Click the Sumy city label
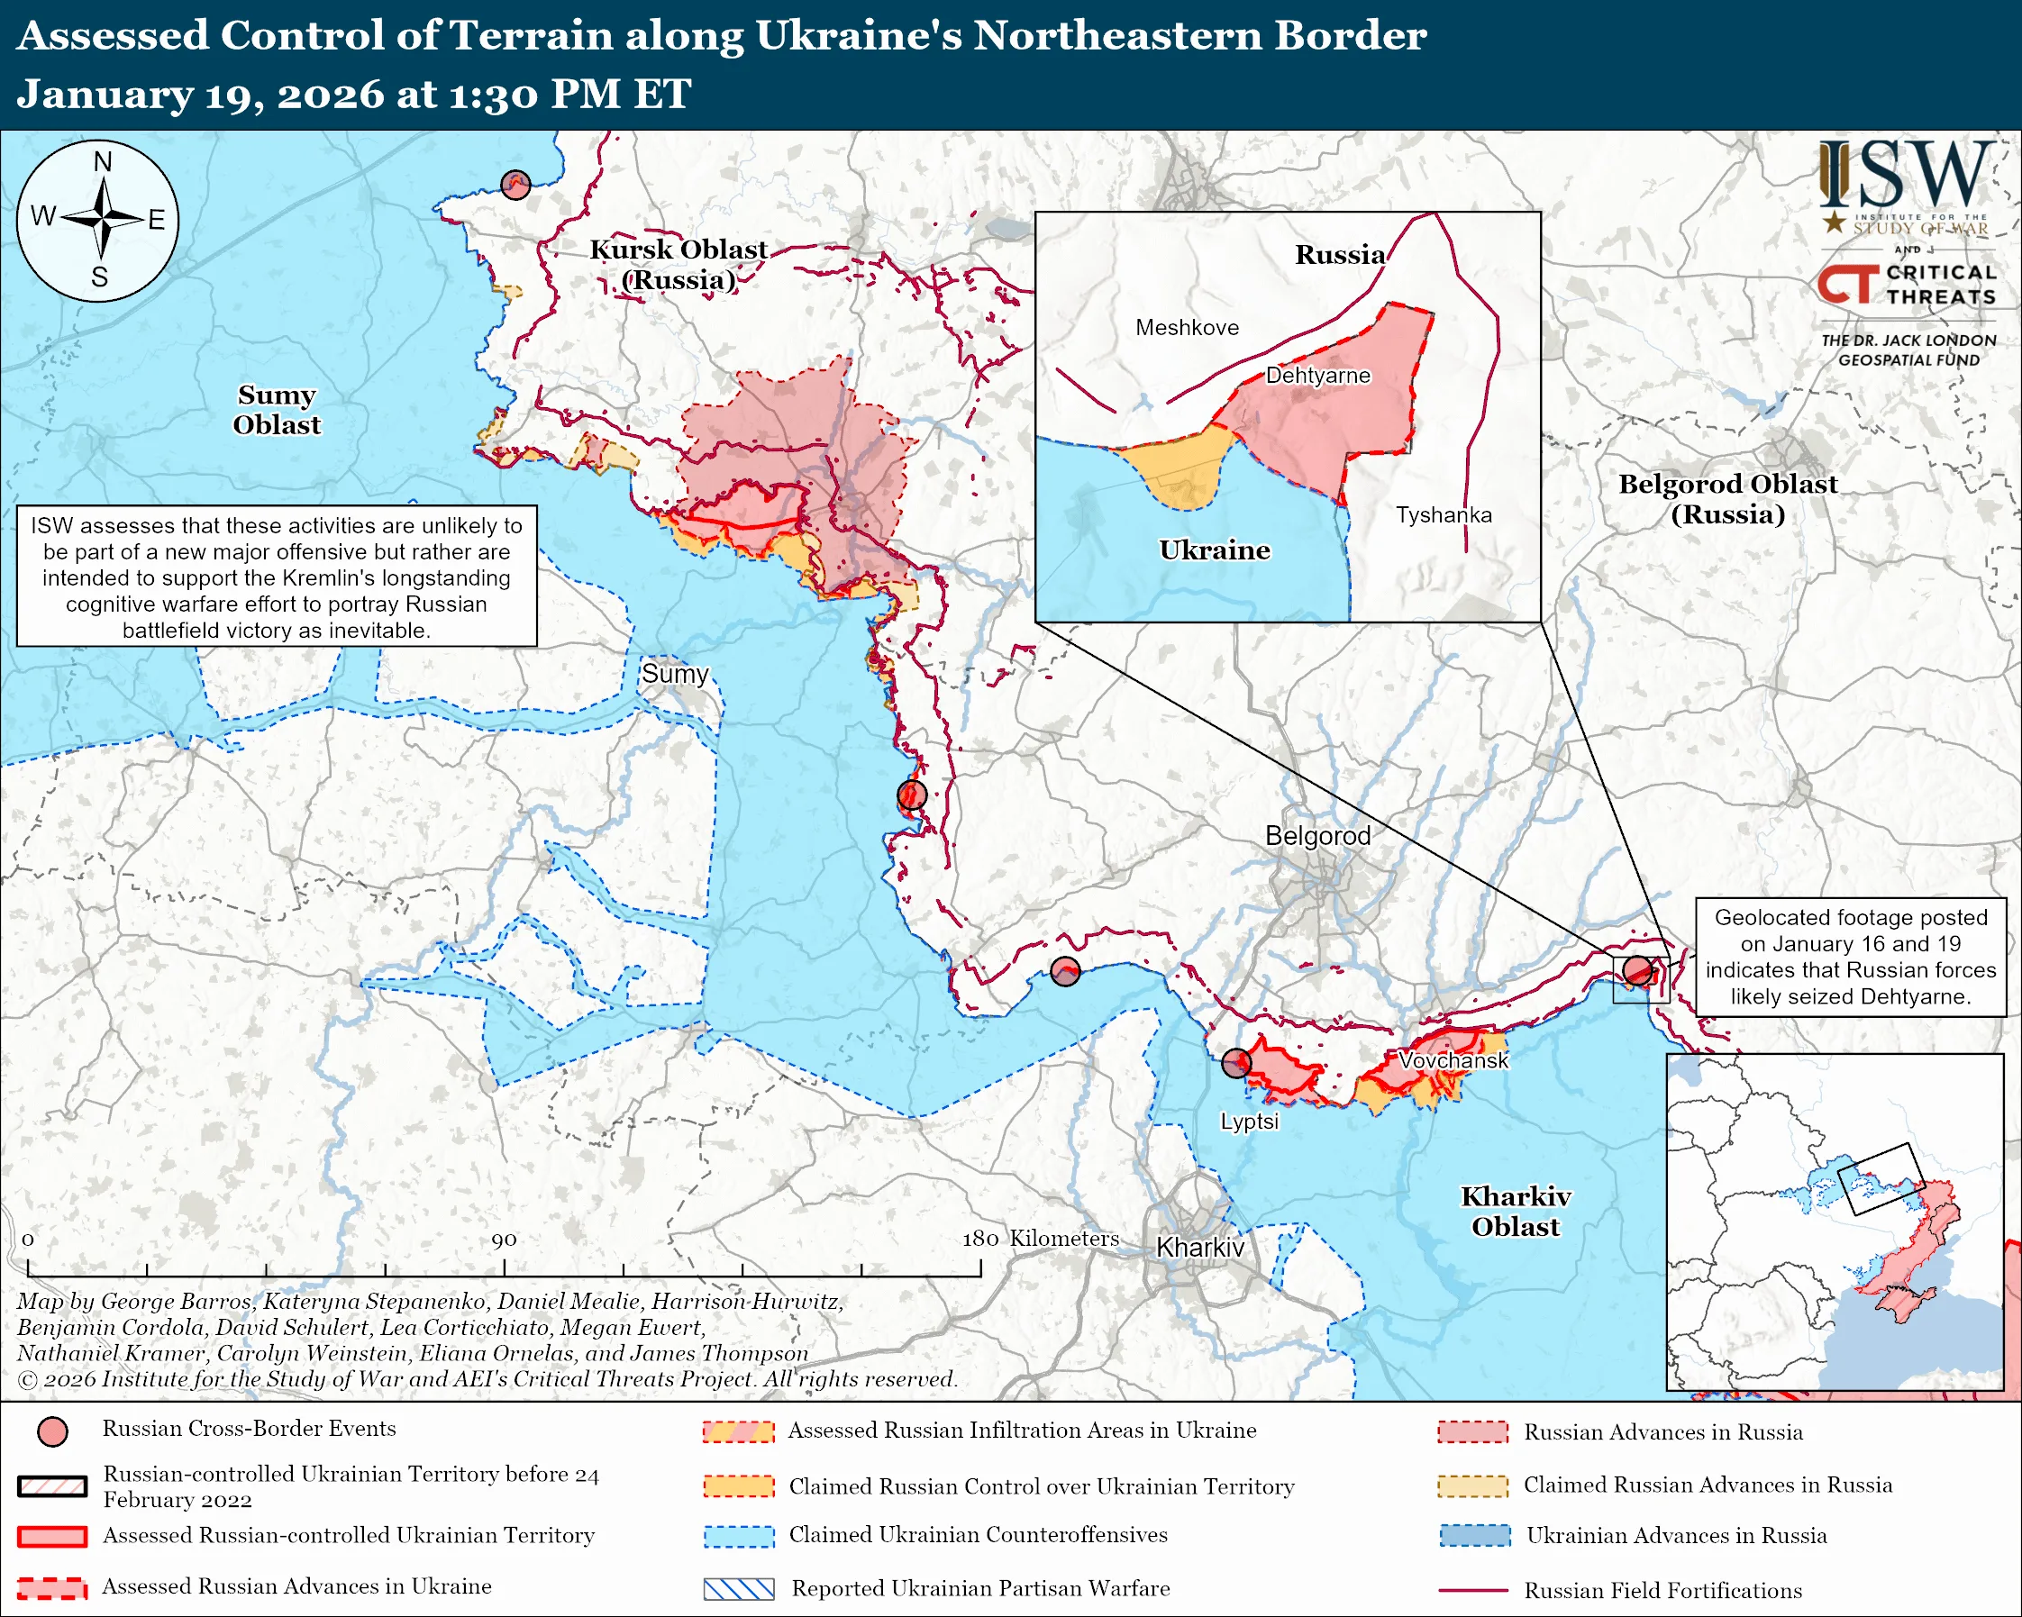[x=674, y=673]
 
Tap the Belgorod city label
[x=1316, y=835]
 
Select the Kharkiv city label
[x=1199, y=1247]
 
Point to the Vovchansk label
[x=1453, y=1060]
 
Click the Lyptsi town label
[x=1248, y=1122]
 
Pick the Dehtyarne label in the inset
[x=1317, y=375]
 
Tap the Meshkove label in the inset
[x=1187, y=327]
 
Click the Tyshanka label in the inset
[x=1443, y=514]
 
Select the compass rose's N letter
[x=102, y=162]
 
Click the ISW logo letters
[x=1907, y=177]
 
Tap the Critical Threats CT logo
[x=1847, y=284]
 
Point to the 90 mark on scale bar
[x=504, y=1240]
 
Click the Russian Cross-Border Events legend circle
[x=52, y=1431]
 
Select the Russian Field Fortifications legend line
[x=1472, y=1591]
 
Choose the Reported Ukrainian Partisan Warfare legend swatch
[x=739, y=1589]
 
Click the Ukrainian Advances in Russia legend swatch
[x=1474, y=1535]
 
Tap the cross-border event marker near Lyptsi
[x=1236, y=1063]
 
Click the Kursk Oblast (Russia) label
[x=679, y=264]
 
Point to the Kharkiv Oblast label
[x=1515, y=1211]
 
